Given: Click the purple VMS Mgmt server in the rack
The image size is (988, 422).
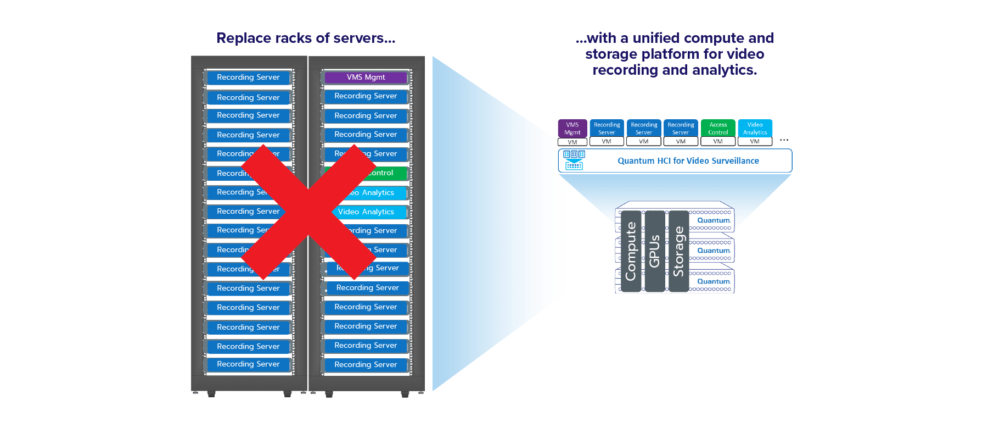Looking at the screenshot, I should tap(366, 77).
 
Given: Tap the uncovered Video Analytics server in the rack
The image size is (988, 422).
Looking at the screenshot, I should tap(367, 212).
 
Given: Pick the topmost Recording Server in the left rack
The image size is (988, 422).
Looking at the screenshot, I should tap(248, 77).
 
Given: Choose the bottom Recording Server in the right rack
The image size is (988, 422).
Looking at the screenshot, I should tap(366, 365).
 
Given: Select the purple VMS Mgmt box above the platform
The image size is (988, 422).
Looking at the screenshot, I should tap(572, 129).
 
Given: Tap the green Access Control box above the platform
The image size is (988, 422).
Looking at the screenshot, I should tap(718, 129).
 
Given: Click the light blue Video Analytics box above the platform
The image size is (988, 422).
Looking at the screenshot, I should tap(755, 129).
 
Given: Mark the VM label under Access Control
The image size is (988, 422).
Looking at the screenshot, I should tap(718, 142).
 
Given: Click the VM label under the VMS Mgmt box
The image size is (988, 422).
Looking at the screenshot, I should tap(572, 142).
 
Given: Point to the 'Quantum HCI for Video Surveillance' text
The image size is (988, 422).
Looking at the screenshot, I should tap(688, 161).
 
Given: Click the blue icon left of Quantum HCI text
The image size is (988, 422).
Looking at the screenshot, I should tap(574, 160).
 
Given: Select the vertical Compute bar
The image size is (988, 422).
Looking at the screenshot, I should tap(631, 251).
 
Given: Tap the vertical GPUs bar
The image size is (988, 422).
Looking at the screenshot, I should tap(655, 251).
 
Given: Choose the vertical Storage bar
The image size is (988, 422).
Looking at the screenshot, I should tap(679, 251).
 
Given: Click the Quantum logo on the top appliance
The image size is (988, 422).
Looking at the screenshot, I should tap(714, 220).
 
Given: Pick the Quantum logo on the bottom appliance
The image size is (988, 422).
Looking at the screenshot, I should tap(714, 281).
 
